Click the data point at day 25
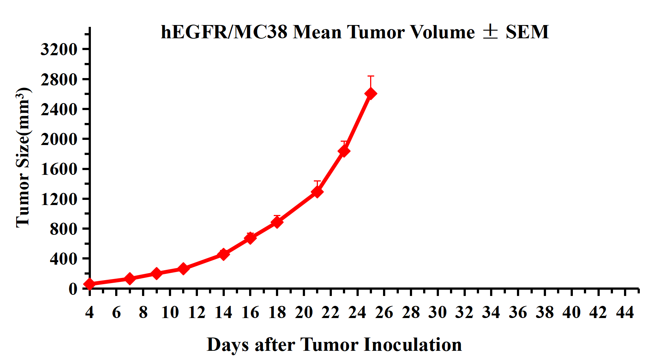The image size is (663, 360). (x=370, y=93)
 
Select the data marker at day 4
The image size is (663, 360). (x=89, y=284)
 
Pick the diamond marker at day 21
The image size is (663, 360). (x=317, y=191)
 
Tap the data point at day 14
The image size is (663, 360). (x=223, y=254)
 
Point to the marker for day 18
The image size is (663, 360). (x=277, y=222)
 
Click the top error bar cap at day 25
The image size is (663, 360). (x=370, y=76)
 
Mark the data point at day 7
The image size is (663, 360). (x=130, y=279)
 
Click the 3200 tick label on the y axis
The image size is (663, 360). (x=59, y=49)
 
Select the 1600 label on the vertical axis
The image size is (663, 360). (x=59, y=169)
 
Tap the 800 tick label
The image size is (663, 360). (x=63, y=229)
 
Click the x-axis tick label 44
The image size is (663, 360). (x=625, y=313)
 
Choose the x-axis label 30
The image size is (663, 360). (x=437, y=313)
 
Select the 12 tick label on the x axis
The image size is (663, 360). (x=196, y=313)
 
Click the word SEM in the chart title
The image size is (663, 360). (x=527, y=32)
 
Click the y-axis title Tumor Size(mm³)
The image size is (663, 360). (x=23, y=158)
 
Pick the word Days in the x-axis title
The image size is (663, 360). (x=228, y=345)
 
